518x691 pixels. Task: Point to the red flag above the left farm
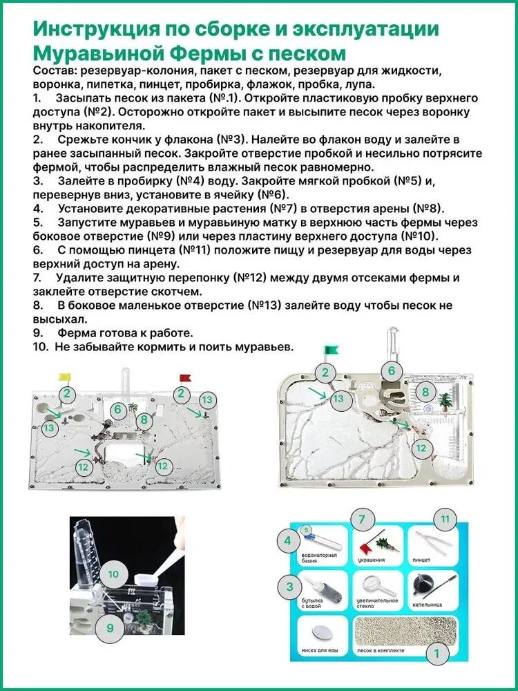(x=185, y=377)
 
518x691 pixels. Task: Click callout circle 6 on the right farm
(x=392, y=371)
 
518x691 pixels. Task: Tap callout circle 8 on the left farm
(x=144, y=420)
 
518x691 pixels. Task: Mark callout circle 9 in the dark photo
(x=110, y=628)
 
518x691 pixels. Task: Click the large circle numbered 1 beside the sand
(x=437, y=654)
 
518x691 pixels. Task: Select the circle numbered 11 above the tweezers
(x=445, y=520)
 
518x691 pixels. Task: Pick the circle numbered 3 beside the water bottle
(x=289, y=587)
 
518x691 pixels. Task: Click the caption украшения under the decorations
(x=369, y=560)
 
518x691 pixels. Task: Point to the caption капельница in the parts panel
(x=428, y=605)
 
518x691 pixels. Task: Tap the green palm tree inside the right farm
(x=444, y=401)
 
